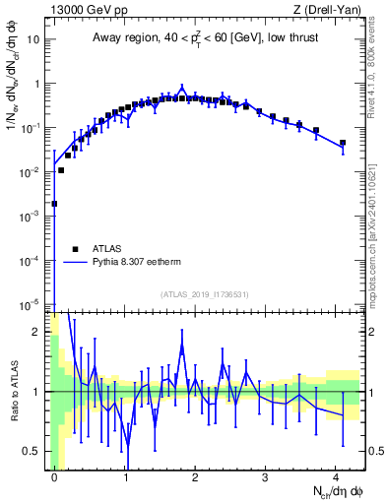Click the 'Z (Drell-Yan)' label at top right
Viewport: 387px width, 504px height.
(331, 10)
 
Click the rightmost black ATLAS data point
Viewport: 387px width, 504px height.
(343, 143)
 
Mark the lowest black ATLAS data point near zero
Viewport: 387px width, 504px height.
(54, 204)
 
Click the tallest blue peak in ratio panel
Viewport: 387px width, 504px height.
(182, 346)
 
